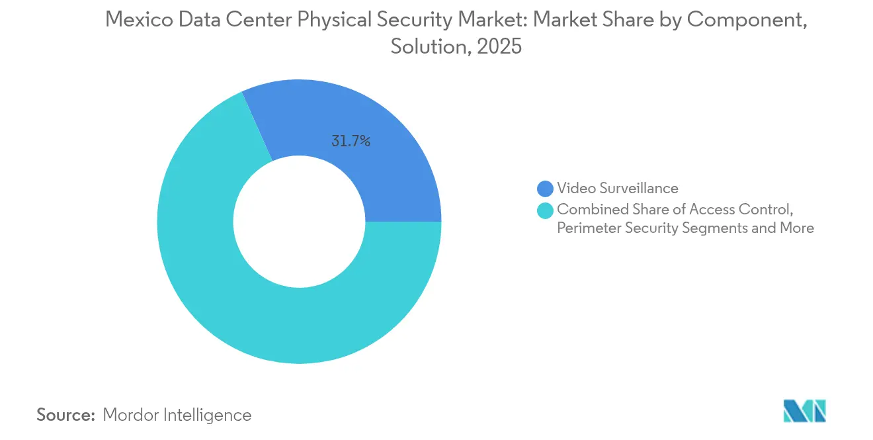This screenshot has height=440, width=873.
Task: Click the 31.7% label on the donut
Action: [x=351, y=141]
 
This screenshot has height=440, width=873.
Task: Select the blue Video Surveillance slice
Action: [x=370, y=132]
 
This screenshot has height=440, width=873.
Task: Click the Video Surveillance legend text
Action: [x=617, y=189]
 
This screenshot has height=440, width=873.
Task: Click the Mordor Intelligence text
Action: [x=177, y=415]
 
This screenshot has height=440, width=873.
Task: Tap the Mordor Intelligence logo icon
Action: [x=804, y=412]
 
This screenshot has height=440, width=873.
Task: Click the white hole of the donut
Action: [x=299, y=222]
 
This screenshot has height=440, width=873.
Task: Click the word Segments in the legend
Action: [x=710, y=228]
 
